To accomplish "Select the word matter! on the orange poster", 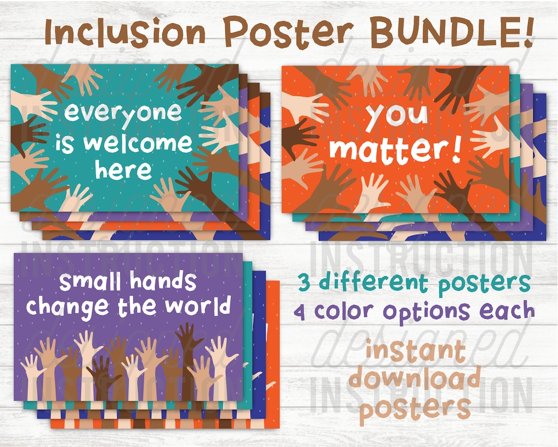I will (x=395, y=148).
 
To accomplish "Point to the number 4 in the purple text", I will (x=302, y=312).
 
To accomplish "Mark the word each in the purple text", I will (x=508, y=311).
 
